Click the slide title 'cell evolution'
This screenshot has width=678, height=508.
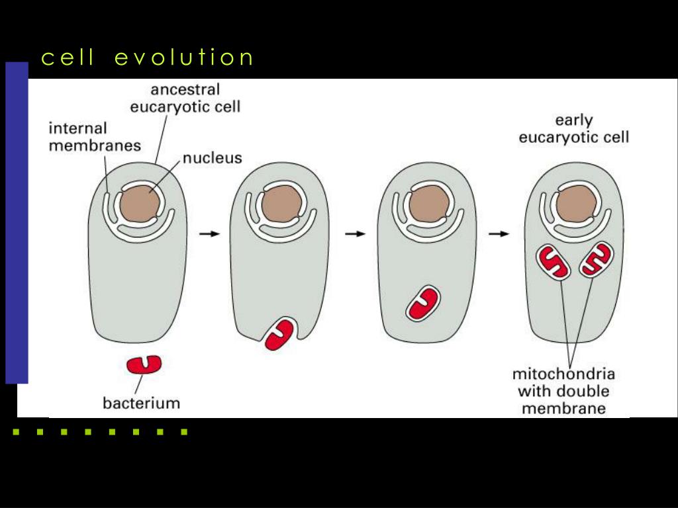147,58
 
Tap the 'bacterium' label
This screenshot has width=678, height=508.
141,402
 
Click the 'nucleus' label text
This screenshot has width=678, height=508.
212,158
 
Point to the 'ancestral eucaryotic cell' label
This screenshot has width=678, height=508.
185,97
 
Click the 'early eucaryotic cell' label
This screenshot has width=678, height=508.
573,129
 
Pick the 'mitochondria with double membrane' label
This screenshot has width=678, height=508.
563,391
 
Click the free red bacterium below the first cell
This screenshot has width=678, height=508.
144,364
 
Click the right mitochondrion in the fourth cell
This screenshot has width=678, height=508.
597,259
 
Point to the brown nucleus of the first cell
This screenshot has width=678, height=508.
140,204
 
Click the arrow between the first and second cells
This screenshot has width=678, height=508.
209,233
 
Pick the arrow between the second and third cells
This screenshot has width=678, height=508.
356,233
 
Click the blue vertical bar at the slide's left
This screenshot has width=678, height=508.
17,223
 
